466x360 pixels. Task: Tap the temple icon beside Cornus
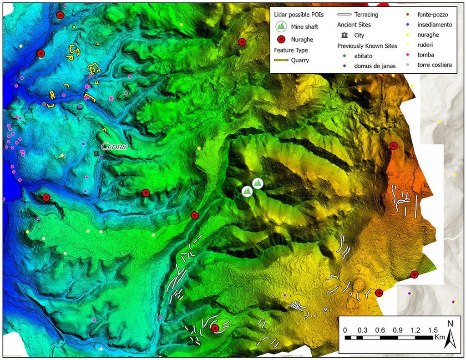(96, 155)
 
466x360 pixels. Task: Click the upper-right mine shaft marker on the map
(258, 183)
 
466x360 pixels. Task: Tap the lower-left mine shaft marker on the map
(247, 191)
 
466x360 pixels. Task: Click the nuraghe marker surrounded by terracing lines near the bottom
(215, 328)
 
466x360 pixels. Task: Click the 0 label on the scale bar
(345, 330)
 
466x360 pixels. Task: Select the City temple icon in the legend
(345, 35)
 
